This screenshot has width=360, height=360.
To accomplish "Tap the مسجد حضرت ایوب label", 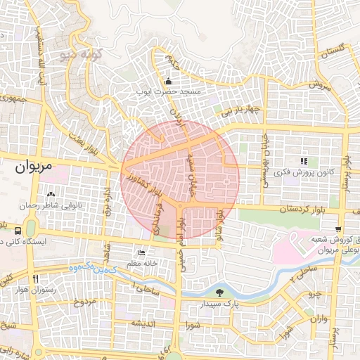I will tap(170, 92).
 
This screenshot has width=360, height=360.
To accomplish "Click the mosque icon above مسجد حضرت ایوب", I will tap(168, 79).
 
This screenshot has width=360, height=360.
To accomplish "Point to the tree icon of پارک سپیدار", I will tap(221, 292).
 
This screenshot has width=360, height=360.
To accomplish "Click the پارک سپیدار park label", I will tap(232, 304).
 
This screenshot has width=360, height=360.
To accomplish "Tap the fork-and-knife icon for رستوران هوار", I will tap(35, 279).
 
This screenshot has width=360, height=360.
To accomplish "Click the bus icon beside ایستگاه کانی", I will tap(17, 230).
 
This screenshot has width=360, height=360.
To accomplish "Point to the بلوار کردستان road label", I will tap(284, 210).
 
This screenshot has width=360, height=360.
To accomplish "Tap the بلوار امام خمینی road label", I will tap(181, 232).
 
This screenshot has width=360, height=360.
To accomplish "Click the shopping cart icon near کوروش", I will tap(338, 229).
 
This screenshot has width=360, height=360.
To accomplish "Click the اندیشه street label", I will tap(142, 323).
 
